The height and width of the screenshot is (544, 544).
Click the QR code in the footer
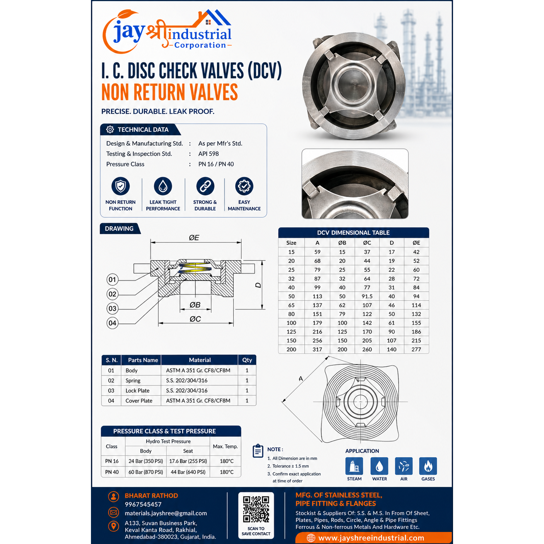pyautogui.click(x=256, y=509)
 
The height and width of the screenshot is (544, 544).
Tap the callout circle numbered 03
pyautogui.click(x=112, y=308)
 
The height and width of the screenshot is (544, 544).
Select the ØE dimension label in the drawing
pyautogui.click(x=194, y=237)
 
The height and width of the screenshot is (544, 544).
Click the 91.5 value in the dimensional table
pyautogui.click(x=367, y=296)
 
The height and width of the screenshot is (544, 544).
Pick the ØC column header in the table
pyautogui.click(x=367, y=243)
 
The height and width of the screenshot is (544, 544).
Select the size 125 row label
pyautogui.click(x=291, y=332)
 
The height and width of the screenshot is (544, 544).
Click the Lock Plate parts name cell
pyautogui.click(x=137, y=391)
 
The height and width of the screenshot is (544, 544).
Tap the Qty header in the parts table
pyautogui.click(x=247, y=360)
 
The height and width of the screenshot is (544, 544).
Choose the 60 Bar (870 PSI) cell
pyautogui.click(x=146, y=472)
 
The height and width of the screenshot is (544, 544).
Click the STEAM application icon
pyautogui.click(x=354, y=466)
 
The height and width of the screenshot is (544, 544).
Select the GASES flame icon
pyautogui.click(x=428, y=466)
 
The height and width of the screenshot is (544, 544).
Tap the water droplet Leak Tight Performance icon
pyautogui.click(x=163, y=186)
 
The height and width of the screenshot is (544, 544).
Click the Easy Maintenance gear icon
pyautogui.click(x=244, y=186)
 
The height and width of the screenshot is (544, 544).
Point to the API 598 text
pyautogui.click(x=208, y=154)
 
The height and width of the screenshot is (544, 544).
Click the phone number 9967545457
pyautogui.click(x=143, y=504)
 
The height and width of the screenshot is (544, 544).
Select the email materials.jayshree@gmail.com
pyautogui.click(x=166, y=513)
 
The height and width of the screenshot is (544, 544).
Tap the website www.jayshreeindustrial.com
pyautogui.click(x=371, y=538)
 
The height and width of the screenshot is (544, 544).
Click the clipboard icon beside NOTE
pyautogui.click(x=258, y=451)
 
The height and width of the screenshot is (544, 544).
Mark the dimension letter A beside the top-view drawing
pyautogui.click(x=301, y=379)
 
